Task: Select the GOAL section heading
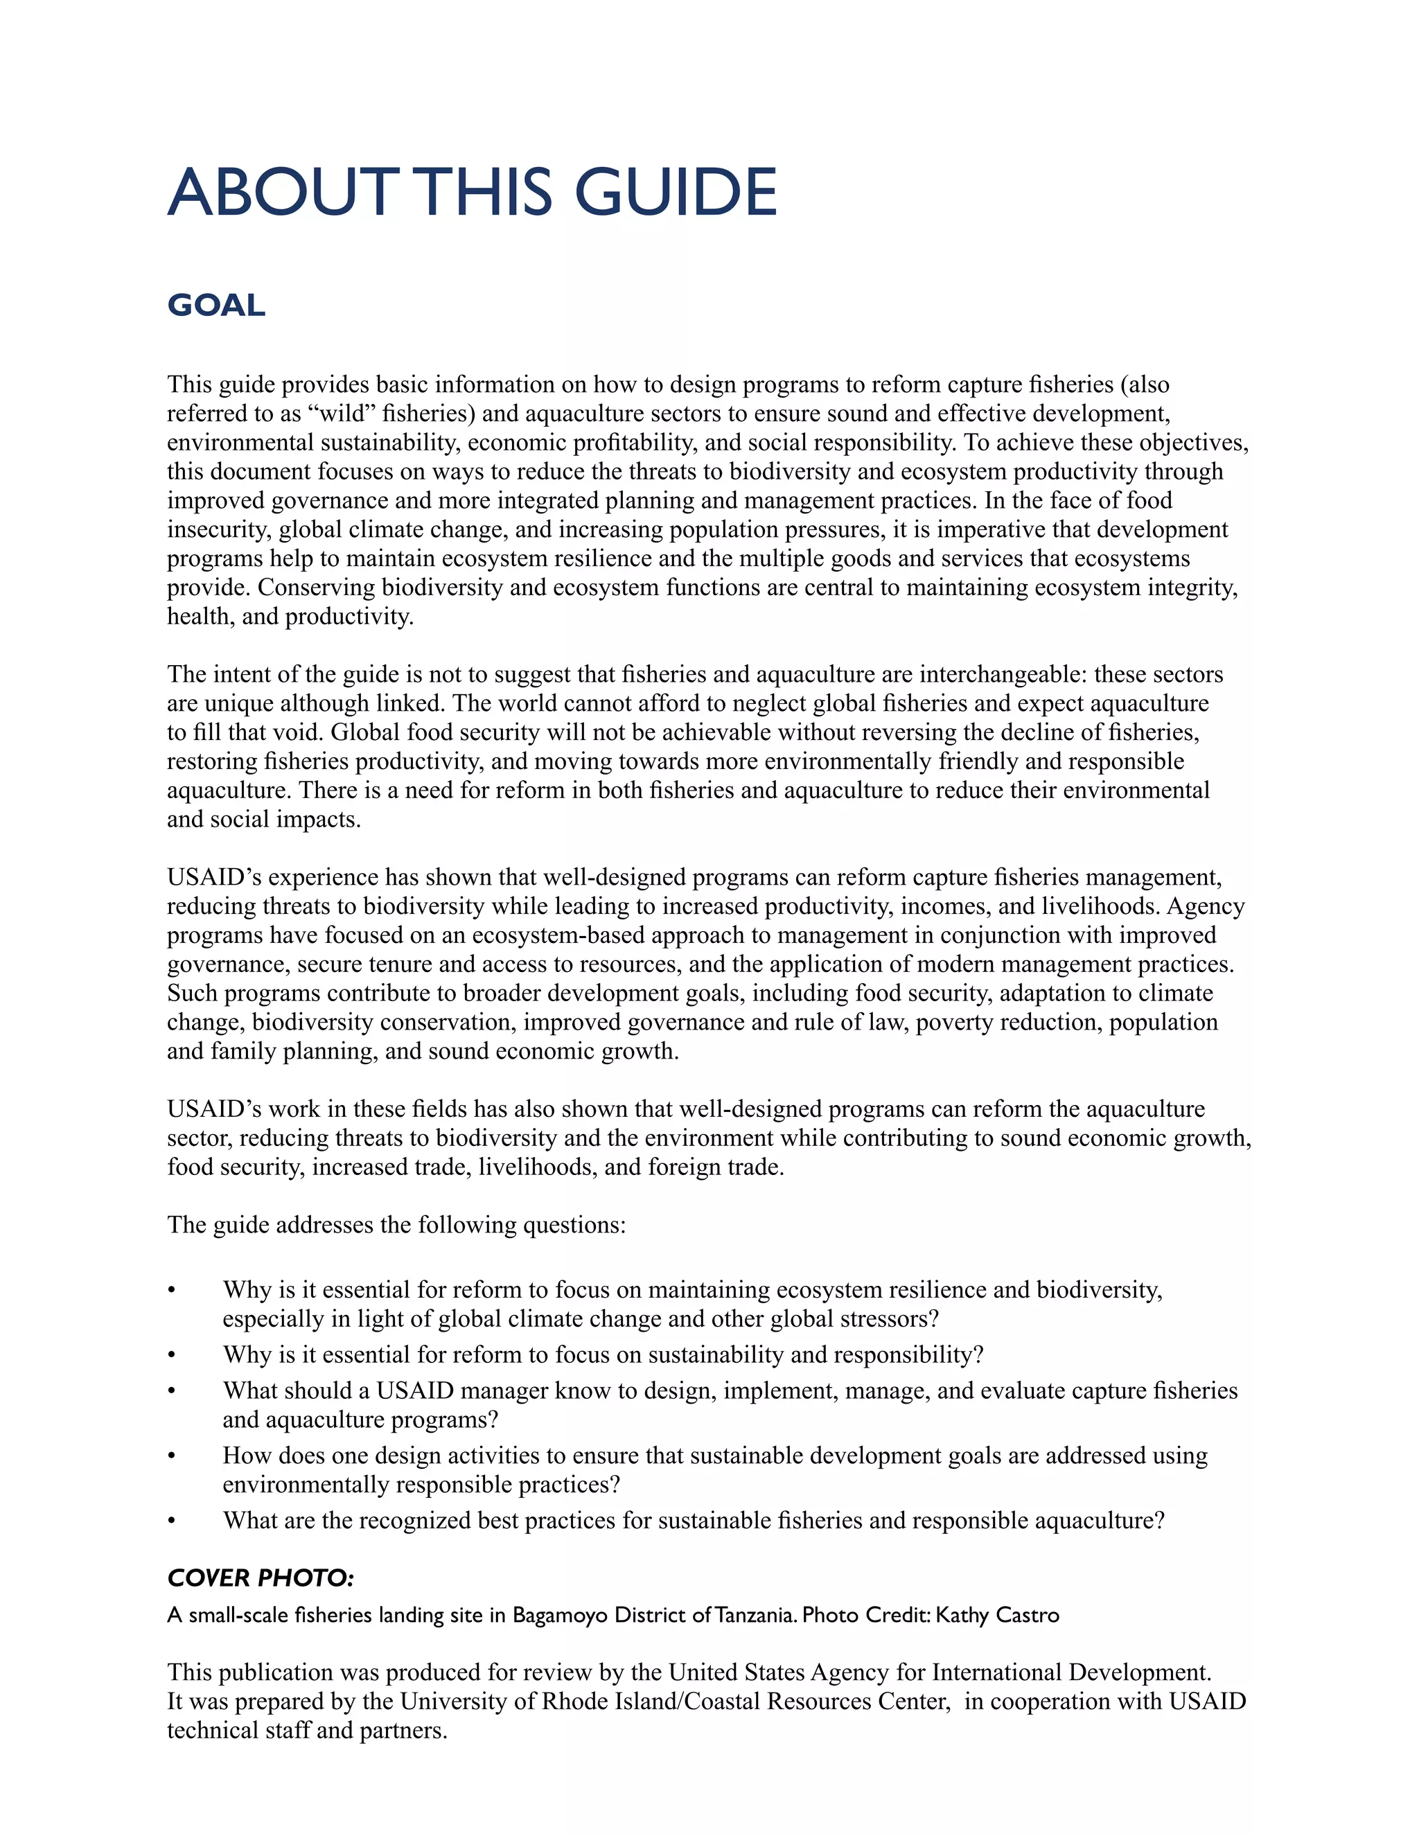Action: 216,305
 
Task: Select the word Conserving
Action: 317,588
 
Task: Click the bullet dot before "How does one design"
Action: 173,1457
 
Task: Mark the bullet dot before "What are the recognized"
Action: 173,1521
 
